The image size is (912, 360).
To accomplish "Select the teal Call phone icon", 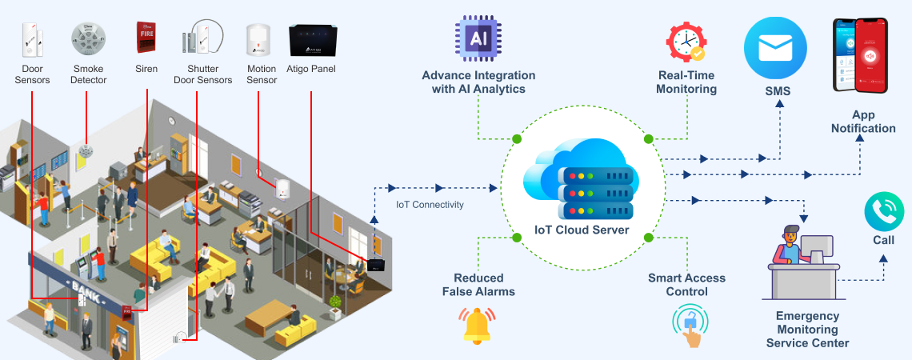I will (x=884, y=211).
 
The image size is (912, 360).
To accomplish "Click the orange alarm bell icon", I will (x=477, y=325).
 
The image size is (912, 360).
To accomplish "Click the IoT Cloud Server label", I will (x=582, y=230).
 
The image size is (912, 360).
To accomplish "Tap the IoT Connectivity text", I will (x=430, y=205).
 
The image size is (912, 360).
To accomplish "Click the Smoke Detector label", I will (x=89, y=74).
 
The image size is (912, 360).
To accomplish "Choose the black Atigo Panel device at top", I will (x=311, y=40).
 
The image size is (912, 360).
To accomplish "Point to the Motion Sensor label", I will (x=262, y=74).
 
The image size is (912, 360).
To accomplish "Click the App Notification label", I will (x=863, y=122).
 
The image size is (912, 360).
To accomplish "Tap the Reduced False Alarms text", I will (x=478, y=285).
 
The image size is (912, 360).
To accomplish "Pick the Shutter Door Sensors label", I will (x=202, y=74).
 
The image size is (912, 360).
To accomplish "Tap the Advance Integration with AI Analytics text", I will (x=478, y=82).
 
